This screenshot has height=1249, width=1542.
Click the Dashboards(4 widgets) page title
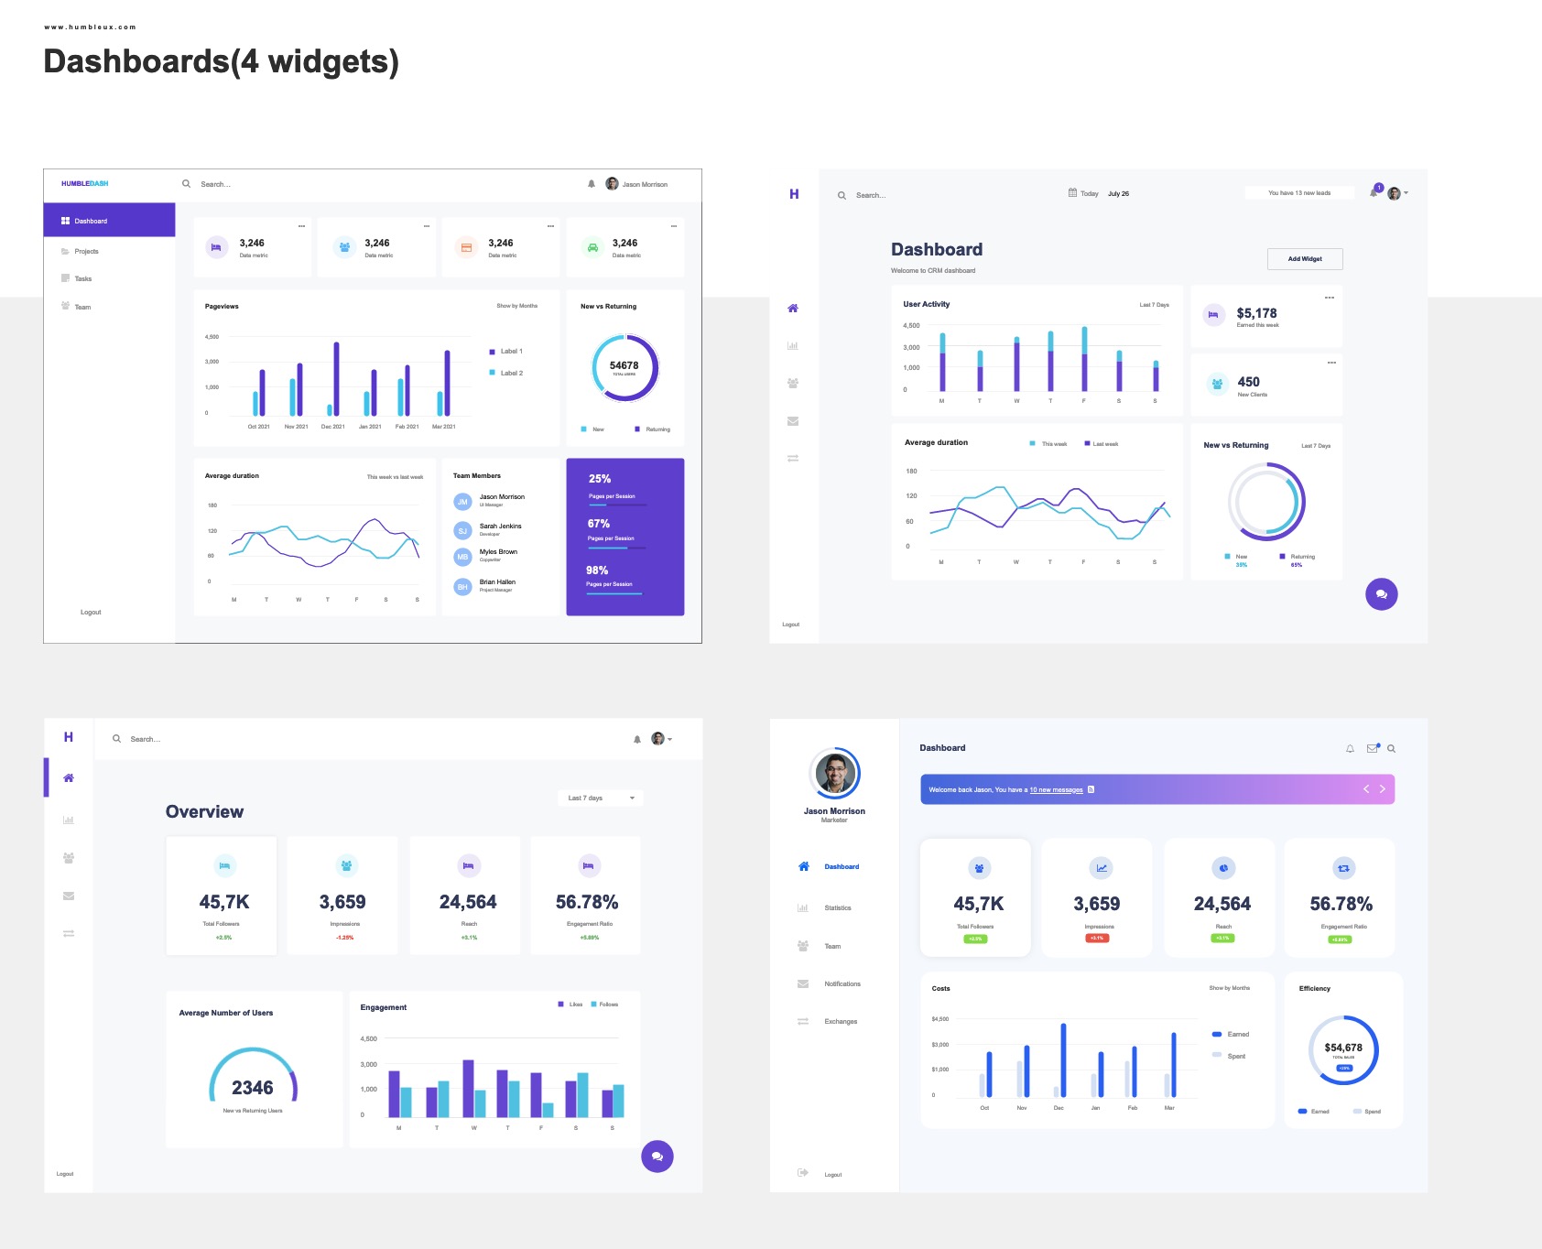pyautogui.click(x=221, y=61)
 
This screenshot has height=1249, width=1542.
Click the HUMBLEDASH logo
pyautogui.click(x=84, y=183)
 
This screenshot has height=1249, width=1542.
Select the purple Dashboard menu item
pyautogui.click(x=109, y=221)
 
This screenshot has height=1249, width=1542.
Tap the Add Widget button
pyautogui.click(x=1304, y=259)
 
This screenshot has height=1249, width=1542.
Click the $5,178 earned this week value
pyautogui.click(x=1256, y=313)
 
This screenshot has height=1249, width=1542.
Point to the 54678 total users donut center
pyautogui.click(x=624, y=366)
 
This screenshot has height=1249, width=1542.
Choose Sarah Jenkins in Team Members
pyautogui.click(x=500, y=527)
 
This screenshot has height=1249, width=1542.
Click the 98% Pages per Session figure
pyautogui.click(x=597, y=570)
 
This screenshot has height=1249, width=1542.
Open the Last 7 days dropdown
pyautogui.click(x=600, y=798)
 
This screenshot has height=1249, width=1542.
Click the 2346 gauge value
pyautogui.click(x=252, y=1088)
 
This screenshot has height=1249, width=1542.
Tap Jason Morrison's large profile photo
pyautogui.click(x=834, y=774)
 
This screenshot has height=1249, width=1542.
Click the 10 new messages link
pyautogui.click(x=1056, y=789)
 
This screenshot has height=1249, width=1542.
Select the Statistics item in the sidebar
pyautogui.click(x=837, y=908)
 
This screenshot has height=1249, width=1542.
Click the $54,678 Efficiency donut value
pyautogui.click(x=1342, y=1048)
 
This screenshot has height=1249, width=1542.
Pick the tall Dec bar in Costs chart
pyautogui.click(x=1063, y=1060)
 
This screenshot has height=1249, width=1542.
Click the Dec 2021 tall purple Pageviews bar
pyautogui.click(x=336, y=379)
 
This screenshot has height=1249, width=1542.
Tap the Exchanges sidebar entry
pyautogui.click(x=840, y=1022)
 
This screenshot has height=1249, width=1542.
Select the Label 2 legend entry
pyautogui.click(x=510, y=373)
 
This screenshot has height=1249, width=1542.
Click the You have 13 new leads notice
pyautogui.click(x=1298, y=193)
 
